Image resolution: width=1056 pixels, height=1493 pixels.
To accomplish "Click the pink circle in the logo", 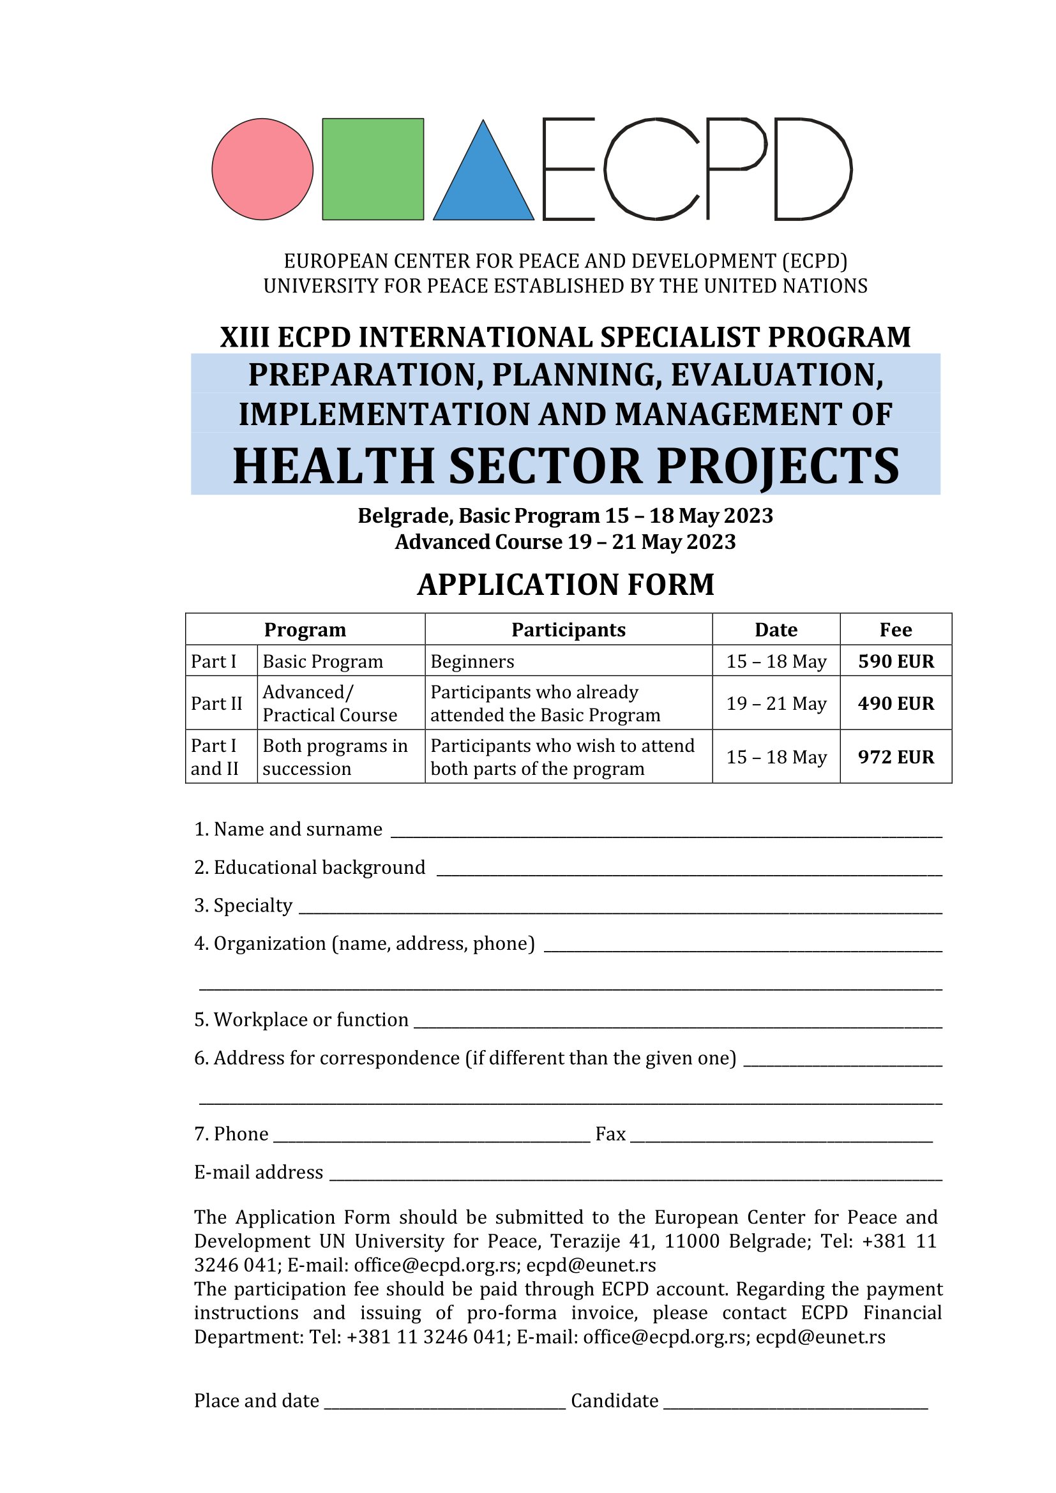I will click(x=262, y=169).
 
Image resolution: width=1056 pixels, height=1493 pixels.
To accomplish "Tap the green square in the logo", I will click(x=373, y=169).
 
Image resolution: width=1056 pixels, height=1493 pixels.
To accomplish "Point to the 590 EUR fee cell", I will click(x=895, y=661).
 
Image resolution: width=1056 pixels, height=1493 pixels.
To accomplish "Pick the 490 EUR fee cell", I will click(x=895, y=703).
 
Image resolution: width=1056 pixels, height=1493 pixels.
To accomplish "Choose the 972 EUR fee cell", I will click(x=895, y=757).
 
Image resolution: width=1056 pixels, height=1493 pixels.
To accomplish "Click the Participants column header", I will click(x=568, y=629).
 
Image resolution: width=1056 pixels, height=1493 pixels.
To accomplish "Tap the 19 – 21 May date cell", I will click(x=776, y=703).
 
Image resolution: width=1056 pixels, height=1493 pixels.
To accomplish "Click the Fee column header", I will click(x=895, y=629).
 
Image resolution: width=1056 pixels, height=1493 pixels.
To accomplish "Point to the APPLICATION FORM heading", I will click(x=566, y=585).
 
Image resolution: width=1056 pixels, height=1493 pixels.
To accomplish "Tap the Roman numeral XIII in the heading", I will click(x=245, y=338).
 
